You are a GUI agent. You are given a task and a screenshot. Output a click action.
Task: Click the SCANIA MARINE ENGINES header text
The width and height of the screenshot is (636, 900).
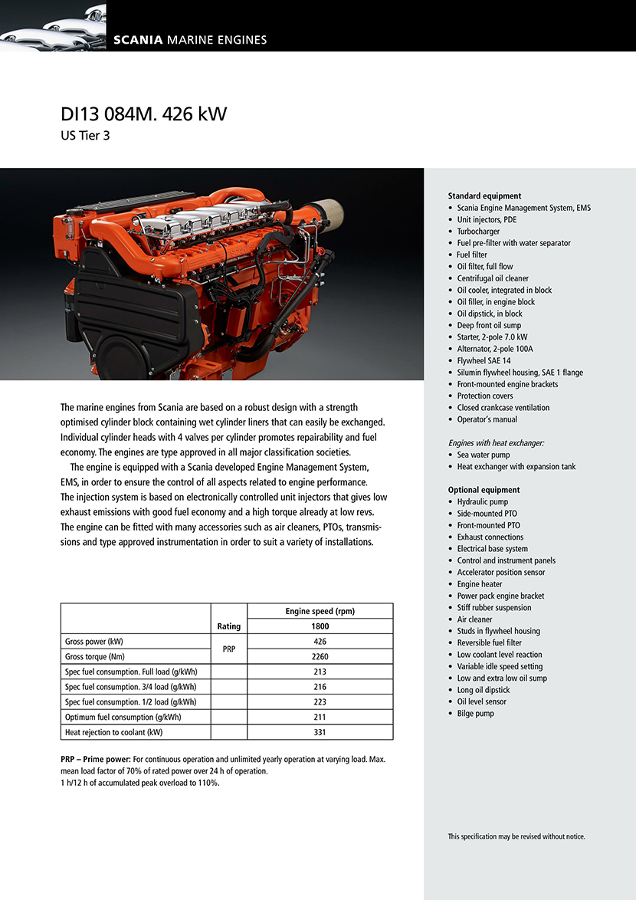pos(190,40)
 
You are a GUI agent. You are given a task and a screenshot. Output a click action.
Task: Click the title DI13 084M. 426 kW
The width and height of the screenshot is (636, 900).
pos(143,115)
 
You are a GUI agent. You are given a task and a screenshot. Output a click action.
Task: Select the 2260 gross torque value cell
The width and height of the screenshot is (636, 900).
pos(320,656)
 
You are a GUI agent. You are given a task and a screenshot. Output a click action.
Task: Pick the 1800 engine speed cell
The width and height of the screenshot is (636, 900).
pos(320,626)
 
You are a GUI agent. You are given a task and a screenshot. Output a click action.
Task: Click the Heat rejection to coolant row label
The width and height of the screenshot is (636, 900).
pos(114,732)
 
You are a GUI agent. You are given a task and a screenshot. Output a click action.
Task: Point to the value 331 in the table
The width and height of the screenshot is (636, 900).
pos(320,732)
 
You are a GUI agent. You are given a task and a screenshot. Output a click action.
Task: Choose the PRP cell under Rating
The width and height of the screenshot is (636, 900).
pos(228,649)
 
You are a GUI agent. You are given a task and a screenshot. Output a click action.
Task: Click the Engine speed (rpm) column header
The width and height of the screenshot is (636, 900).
pos(320,611)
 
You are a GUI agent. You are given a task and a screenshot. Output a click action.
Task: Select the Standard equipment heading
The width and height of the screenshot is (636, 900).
pos(484,196)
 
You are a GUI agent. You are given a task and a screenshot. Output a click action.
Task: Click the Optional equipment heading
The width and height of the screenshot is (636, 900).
pos(484,490)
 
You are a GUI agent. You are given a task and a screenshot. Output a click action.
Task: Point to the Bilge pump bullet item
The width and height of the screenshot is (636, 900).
pos(475,714)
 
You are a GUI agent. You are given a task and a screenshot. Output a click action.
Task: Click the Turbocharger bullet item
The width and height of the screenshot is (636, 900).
pos(478,232)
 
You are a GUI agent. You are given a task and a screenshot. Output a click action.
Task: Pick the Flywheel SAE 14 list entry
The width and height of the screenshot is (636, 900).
pos(484,360)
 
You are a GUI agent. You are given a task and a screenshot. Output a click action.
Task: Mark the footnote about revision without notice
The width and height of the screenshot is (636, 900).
pos(516,836)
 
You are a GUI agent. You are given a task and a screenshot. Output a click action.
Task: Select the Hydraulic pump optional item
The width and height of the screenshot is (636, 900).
pos(482,502)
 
